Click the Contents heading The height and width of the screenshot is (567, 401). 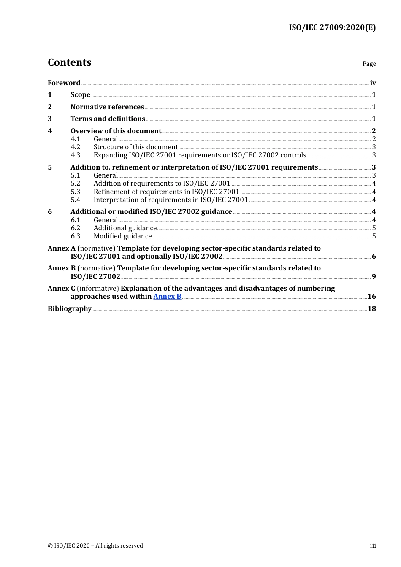pyautogui.click(x=69, y=62)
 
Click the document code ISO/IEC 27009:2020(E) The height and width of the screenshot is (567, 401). pyautogui.click(x=332, y=27)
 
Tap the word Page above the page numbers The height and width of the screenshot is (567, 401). pyautogui.click(x=369, y=64)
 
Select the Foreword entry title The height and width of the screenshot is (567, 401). pyautogui.click(x=64, y=83)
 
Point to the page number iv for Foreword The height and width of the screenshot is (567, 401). pyautogui.click(x=373, y=83)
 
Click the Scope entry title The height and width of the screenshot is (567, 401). pyautogui.click(x=80, y=95)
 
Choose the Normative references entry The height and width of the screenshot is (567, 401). pyautogui.click(x=107, y=107)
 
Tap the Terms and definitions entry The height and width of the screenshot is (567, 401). pyautogui.click(x=108, y=119)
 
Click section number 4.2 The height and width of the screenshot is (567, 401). pyautogui.click(x=75, y=147)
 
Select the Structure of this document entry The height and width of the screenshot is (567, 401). pyautogui.click(x=135, y=147)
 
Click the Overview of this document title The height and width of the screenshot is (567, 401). pyautogui.click(x=116, y=131)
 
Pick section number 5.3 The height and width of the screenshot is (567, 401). pyautogui.click(x=75, y=192)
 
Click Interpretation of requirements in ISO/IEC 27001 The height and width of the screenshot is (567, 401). pyautogui.click(x=171, y=200)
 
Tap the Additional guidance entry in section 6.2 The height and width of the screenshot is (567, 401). pyautogui.click(x=125, y=228)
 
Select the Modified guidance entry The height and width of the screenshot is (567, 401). pyautogui.click(x=122, y=236)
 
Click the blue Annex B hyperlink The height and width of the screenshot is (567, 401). pyautogui.click(x=167, y=297)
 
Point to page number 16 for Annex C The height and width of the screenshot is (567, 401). pyautogui.click(x=371, y=297)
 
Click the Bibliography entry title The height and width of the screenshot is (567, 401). pyautogui.click(x=70, y=309)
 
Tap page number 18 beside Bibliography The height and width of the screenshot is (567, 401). pyautogui.click(x=371, y=309)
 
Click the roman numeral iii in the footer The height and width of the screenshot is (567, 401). pyautogui.click(x=373, y=545)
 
